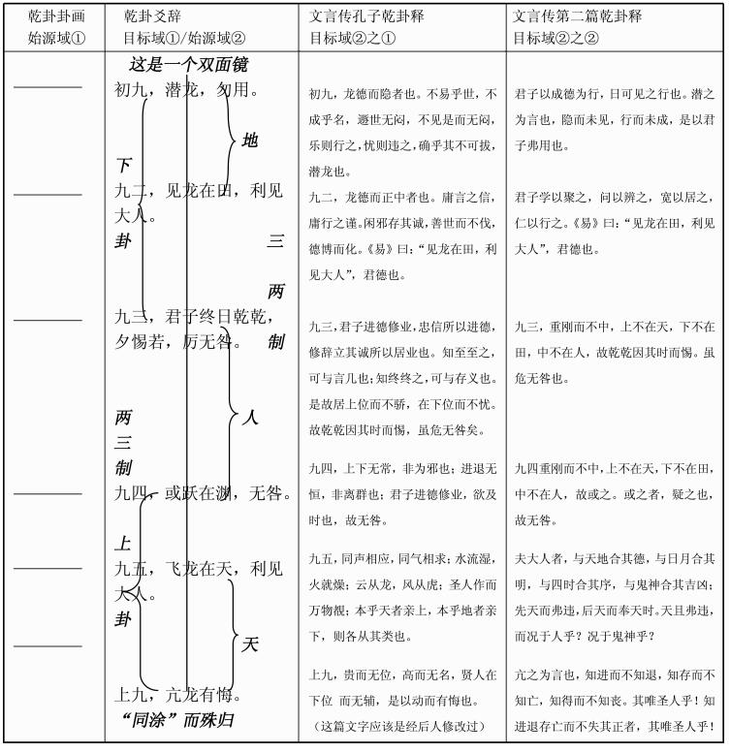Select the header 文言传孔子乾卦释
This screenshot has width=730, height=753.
pyautogui.click(x=366, y=16)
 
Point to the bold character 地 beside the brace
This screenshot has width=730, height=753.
pyautogui.click(x=250, y=141)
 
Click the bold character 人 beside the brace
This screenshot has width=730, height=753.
pyautogui.click(x=250, y=418)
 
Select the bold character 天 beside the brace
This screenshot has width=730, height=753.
pyautogui.click(x=249, y=643)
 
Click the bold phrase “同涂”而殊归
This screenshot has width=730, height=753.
pyautogui.click(x=179, y=720)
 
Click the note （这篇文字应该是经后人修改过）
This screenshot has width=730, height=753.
pyautogui.click(x=400, y=726)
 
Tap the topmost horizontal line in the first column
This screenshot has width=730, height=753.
pyautogui.click(x=48, y=87)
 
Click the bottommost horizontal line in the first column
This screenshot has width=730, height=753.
pyautogui.click(x=48, y=644)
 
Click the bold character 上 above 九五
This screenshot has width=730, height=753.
pyautogui.click(x=123, y=544)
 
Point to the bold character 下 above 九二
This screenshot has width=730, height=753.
pyautogui.click(x=123, y=165)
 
